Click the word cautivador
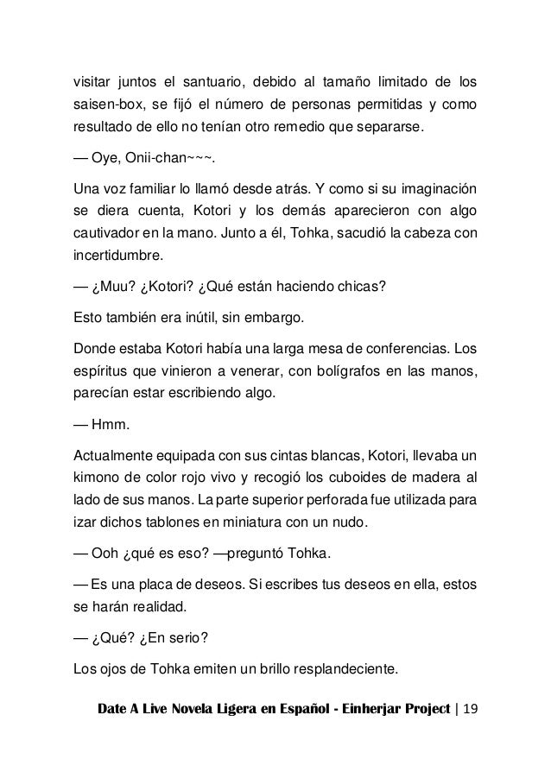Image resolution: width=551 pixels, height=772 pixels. click(108, 234)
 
